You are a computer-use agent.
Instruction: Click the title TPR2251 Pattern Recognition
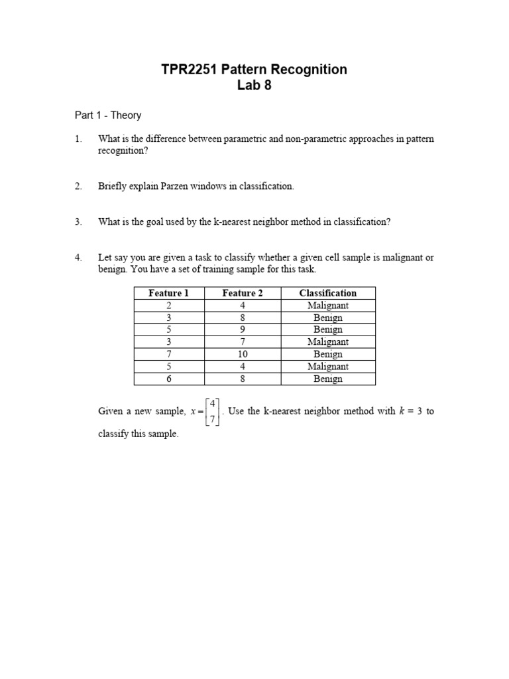[x=254, y=70]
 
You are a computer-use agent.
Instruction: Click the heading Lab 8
[x=254, y=86]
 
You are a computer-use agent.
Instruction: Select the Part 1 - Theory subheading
[x=107, y=115]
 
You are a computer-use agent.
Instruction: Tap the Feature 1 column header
[x=168, y=293]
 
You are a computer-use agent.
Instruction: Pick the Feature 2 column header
[x=242, y=293]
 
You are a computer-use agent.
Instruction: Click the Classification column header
[x=327, y=293]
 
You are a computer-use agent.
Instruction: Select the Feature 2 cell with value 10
[x=242, y=354]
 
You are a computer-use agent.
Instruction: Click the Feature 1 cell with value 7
[x=168, y=354]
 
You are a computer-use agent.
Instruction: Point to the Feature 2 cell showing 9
[x=242, y=330]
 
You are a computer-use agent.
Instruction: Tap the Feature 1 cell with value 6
[x=168, y=379]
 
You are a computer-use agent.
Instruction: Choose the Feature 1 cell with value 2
[x=168, y=306]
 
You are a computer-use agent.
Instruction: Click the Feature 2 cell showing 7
[x=242, y=342]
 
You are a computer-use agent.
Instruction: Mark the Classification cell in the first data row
[x=327, y=306]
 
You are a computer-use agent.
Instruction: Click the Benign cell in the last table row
[x=327, y=379]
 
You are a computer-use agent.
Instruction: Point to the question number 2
[x=78, y=186]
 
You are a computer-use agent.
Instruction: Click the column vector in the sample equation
[x=213, y=412]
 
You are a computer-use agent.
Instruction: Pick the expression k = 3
[x=410, y=411]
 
